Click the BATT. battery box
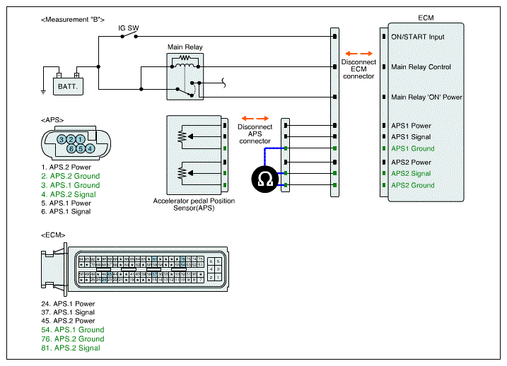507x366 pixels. tap(68, 85)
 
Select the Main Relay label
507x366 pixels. tap(185, 47)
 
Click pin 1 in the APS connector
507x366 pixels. tap(81, 138)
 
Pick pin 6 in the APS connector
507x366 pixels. tap(71, 148)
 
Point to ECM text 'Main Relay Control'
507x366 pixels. tap(421, 67)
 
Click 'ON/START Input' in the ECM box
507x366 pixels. tap(419, 37)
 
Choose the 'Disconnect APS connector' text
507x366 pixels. tap(255, 134)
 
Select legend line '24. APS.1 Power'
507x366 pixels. tap(69, 304)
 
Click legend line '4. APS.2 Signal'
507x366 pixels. tap(69, 194)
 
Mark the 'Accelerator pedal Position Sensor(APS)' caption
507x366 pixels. tap(194, 205)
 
